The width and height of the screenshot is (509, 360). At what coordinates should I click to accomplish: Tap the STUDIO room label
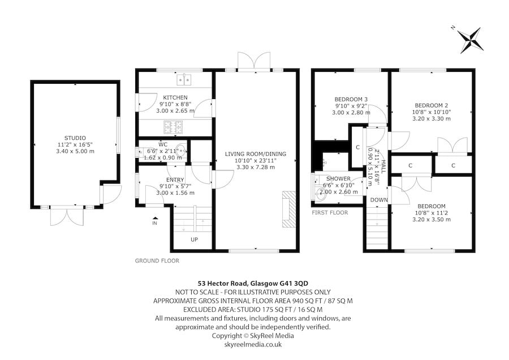pos(75,138)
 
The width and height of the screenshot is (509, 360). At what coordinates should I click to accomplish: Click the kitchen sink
pos(185,80)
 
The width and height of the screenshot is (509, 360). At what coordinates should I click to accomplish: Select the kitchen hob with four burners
pos(172,126)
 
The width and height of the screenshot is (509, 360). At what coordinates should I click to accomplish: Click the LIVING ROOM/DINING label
pos(255,154)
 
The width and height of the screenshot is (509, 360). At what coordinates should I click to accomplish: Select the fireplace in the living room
pos(289,209)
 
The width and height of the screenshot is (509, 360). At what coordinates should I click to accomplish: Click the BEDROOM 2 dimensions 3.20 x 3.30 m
pos(432,119)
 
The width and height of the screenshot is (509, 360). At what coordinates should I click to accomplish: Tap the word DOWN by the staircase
pos(378,200)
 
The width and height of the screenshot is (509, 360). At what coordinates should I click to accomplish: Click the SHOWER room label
pos(339,179)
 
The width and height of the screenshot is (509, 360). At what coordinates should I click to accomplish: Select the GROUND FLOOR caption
pos(157,261)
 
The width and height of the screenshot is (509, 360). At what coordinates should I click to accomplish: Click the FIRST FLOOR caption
pos(330,213)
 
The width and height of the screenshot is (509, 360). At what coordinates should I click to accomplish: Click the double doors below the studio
pos(66,216)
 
